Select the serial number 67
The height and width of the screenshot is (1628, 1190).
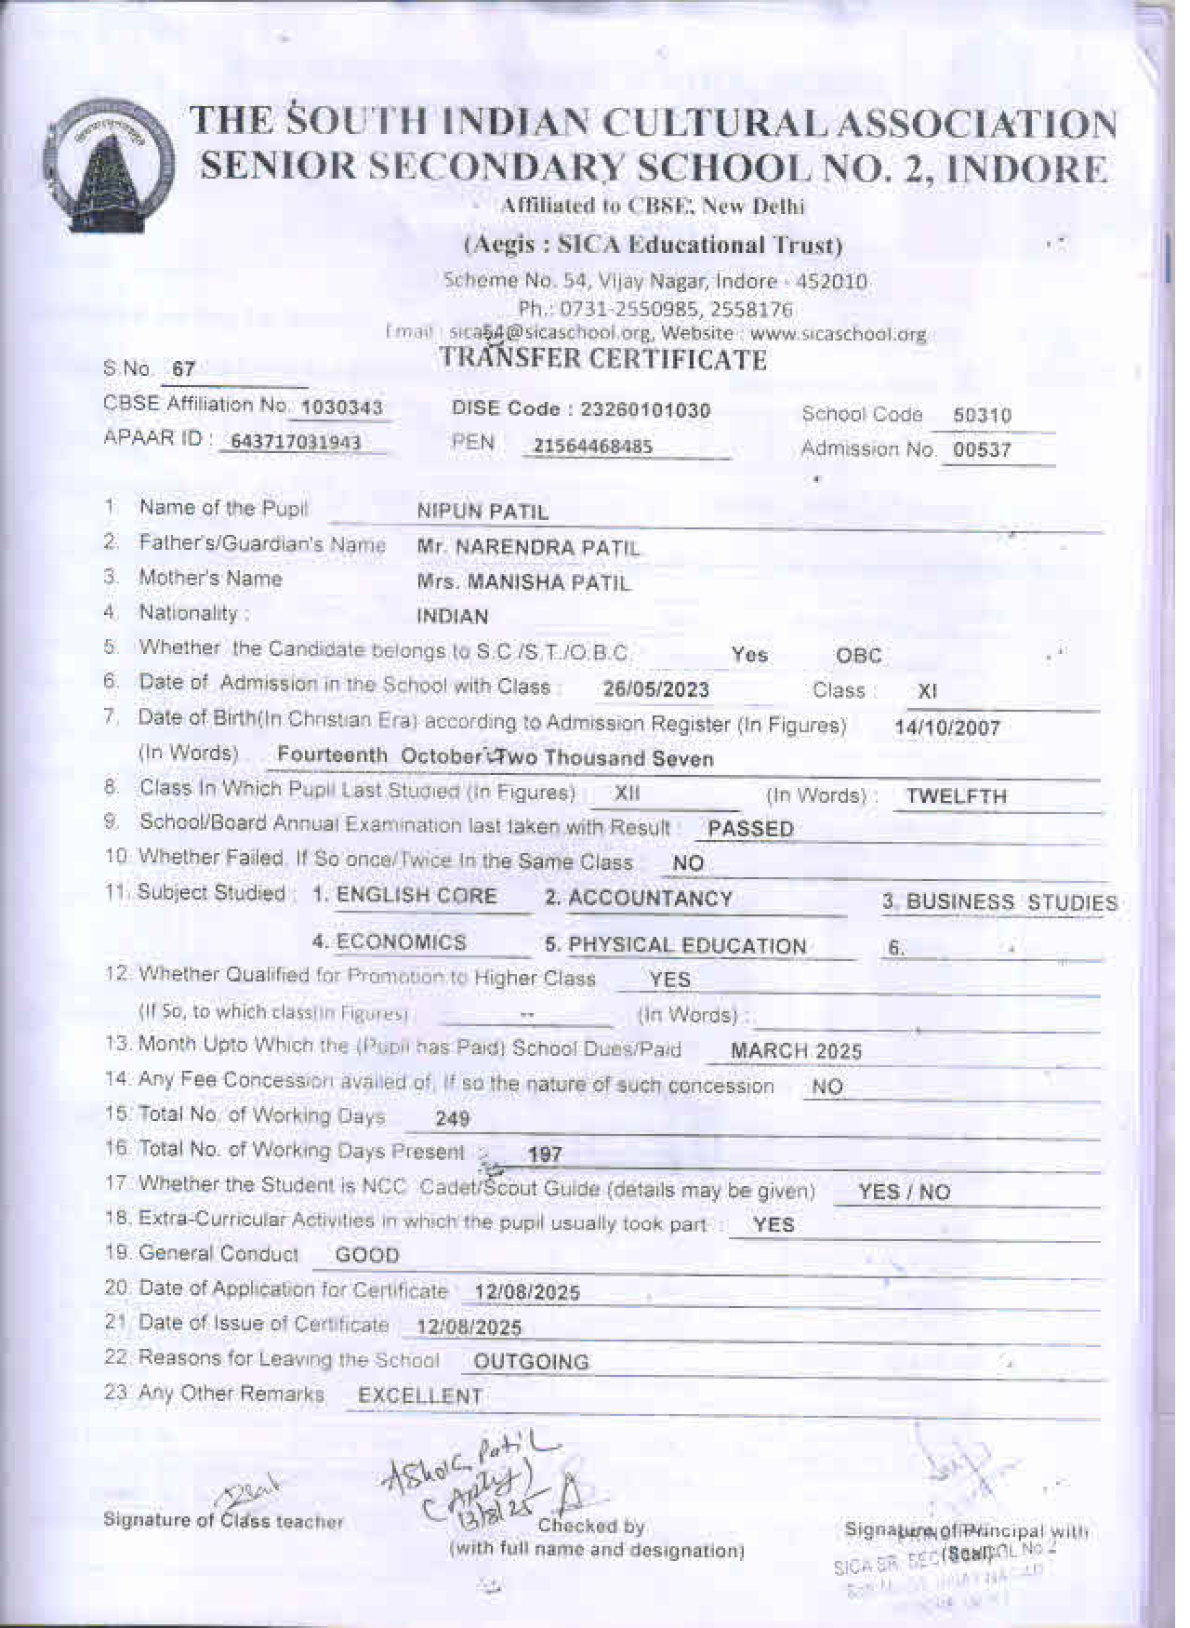click(x=184, y=369)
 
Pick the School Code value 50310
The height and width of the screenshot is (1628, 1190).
click(x=982, y=416)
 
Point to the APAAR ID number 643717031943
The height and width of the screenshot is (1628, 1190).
click(x=296, y=443)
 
